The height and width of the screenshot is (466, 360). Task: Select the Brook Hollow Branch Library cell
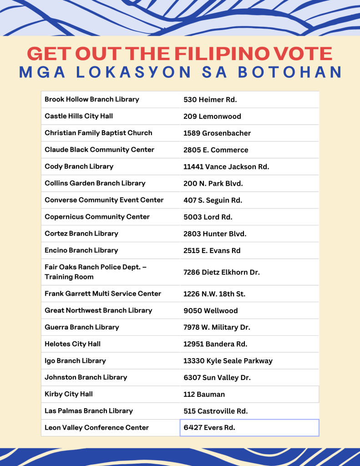(x=92, y=99)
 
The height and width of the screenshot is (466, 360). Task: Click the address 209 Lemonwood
(x=212, y=116)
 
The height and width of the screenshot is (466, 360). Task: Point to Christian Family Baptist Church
(x=98, y=133)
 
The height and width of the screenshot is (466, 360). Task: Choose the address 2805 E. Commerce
(x=216, y=150)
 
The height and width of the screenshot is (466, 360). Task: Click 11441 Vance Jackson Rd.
(x=226, y=167)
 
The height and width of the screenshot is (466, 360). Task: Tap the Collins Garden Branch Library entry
(x=95, y=183)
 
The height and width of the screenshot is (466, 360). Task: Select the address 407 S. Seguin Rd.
(x=213, y=200)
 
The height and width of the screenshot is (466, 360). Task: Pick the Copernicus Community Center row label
(x=97, y=217)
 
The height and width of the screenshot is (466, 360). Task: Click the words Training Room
(x=69, y=277)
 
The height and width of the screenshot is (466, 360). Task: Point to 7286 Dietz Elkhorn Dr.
(x=221, y=272)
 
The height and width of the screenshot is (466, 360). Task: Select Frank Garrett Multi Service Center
(x=103, y=294)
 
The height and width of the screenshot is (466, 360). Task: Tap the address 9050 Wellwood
(x=210, y=311)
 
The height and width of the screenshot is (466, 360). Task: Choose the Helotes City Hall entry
(x=72, y=344)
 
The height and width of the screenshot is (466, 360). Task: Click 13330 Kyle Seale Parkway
(x=228, y=361)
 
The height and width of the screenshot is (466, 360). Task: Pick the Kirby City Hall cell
(x=69, y=394)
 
